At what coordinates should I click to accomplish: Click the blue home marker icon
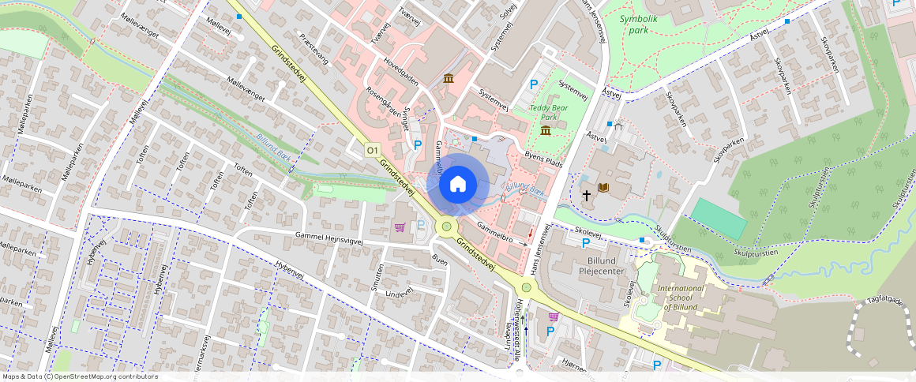[457, 184]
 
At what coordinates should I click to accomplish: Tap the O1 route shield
[373, 149]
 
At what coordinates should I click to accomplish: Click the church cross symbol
[587, 193]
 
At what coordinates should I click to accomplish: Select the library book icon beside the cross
[604, 187]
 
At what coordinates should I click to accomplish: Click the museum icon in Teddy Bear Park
[546, 130]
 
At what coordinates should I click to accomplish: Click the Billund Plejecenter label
[602, 265]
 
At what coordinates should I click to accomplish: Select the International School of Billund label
[680, 298]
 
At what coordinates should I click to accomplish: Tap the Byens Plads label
[543, 159]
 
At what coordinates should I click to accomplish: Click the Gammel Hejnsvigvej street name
[331, 237]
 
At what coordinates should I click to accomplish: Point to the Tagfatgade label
[884, 301]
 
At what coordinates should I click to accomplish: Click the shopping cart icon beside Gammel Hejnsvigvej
[400, 227]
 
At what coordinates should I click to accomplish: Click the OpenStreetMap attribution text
[79, 376]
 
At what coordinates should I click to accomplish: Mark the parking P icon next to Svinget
[418, 144]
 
